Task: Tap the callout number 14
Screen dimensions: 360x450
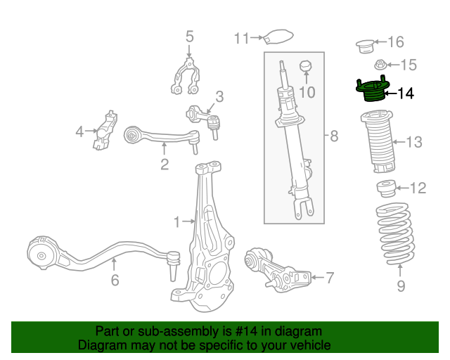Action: pyautogui.click(x=406, y=93)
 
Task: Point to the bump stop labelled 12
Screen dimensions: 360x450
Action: pyautogui.click(x=385, y=188)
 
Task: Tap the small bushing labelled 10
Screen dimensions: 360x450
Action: pyautogui.click(x=305, y=66)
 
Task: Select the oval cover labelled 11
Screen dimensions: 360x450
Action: pyautogui.click(x=277, y=37)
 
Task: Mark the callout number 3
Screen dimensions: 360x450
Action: pyautogui.click(x=219, y=96)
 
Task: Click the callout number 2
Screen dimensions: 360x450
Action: pyautogui.click(x=165, y=165)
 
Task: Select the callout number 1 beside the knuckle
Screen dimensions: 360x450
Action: pyautogui.click(x=177, y=223)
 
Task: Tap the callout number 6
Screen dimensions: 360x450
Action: pyautogui.click(x=115, y=281)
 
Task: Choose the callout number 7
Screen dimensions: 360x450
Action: pyautogui.click(x=330, y=278)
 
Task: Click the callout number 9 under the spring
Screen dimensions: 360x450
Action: pyautogui.click(x=401, y=285)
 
